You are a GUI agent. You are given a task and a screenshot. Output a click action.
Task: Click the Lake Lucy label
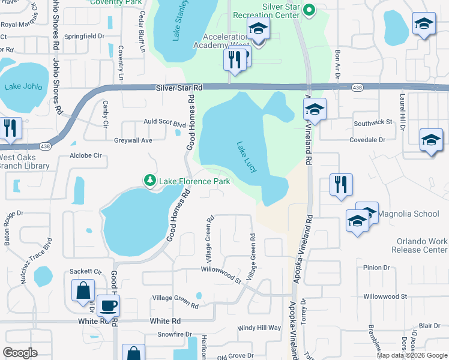247,157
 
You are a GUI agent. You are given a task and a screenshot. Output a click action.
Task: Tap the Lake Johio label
23,86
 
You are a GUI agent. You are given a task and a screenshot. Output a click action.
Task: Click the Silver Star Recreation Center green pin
309,10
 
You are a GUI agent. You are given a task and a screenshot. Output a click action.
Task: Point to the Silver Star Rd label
179,88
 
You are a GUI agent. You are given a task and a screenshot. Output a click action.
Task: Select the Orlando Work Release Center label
421,245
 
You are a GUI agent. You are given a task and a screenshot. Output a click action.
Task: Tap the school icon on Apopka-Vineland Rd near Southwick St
315,111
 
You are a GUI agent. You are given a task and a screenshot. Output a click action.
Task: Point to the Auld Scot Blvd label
164,122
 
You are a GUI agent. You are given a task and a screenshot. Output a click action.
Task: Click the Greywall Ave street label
133,140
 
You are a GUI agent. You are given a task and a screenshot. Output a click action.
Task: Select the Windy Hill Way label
259,328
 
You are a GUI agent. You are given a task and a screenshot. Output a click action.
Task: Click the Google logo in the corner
20,353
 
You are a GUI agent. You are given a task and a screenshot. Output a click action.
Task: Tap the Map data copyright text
411,355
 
